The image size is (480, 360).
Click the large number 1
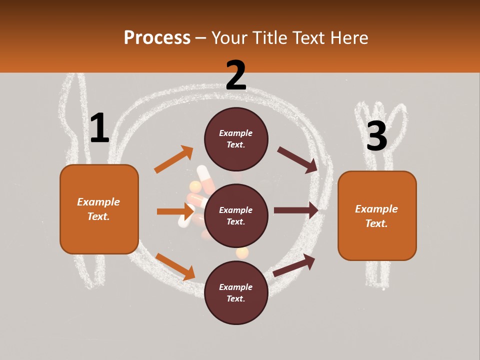[x=99, y=128]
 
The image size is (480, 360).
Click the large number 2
[x=236, y=75]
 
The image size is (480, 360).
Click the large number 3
[x=376, y=136]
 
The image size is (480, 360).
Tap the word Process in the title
[x=157, y=37]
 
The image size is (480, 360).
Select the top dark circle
[x=236, y=139]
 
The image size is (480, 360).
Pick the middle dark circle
[x=236, y=216]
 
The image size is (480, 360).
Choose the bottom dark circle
[x=236, y=293]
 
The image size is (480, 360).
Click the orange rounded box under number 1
[x=99, y=209]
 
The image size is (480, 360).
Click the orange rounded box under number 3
[x=377, y=216]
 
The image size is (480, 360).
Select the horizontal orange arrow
[x=175, y=211]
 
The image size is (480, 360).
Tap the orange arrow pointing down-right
[x=175, y=266]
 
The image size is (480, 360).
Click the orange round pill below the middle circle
[x=242, y=253]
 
